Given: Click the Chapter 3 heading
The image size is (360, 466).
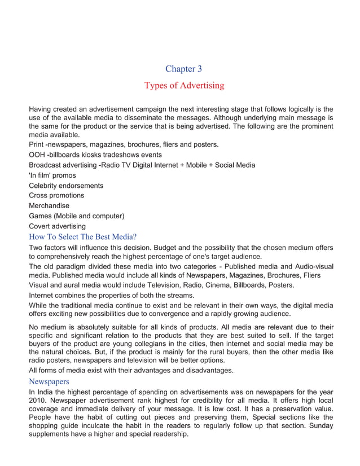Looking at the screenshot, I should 183,69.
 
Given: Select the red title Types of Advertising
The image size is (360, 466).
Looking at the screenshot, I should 184,86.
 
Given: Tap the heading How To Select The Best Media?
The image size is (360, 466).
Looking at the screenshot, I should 83,236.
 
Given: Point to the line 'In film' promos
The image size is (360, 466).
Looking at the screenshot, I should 52,175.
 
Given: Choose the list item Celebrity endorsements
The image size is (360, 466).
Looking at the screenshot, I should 66,185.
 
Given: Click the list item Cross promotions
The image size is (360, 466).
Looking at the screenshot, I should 56,195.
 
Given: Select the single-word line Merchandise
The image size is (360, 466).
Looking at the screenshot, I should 49,206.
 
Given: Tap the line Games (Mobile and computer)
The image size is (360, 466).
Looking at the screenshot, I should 76,216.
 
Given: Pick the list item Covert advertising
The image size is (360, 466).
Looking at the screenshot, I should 57,226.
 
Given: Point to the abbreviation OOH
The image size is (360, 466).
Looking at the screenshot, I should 37,155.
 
